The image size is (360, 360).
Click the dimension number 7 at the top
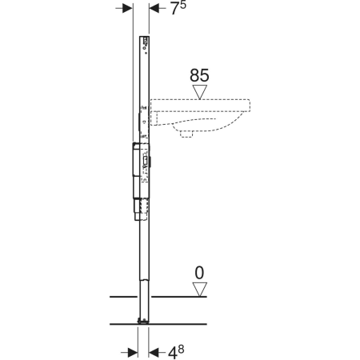pyautogui.click(x=174, y=9)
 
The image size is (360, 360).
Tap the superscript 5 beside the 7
pyautogui.click(x=182, y=5)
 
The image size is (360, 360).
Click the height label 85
pyautogui.click(x=199, y=75)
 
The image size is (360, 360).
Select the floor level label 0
pyautogui.click(x=199, y=273)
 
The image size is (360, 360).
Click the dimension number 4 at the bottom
pyautogui.click(x=173, y=354)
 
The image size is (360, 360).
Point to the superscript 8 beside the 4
pyautogui.click(x=181, y=349)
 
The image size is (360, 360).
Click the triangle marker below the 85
pyautogui.click(x=200, y=92)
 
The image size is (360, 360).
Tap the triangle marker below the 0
pyautogui.click(x=200, y=290)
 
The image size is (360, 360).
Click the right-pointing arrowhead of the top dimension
pyautogui.click(x=127, y=9)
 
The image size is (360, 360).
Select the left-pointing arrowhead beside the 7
pyautogui.click(x=154, y=9)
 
